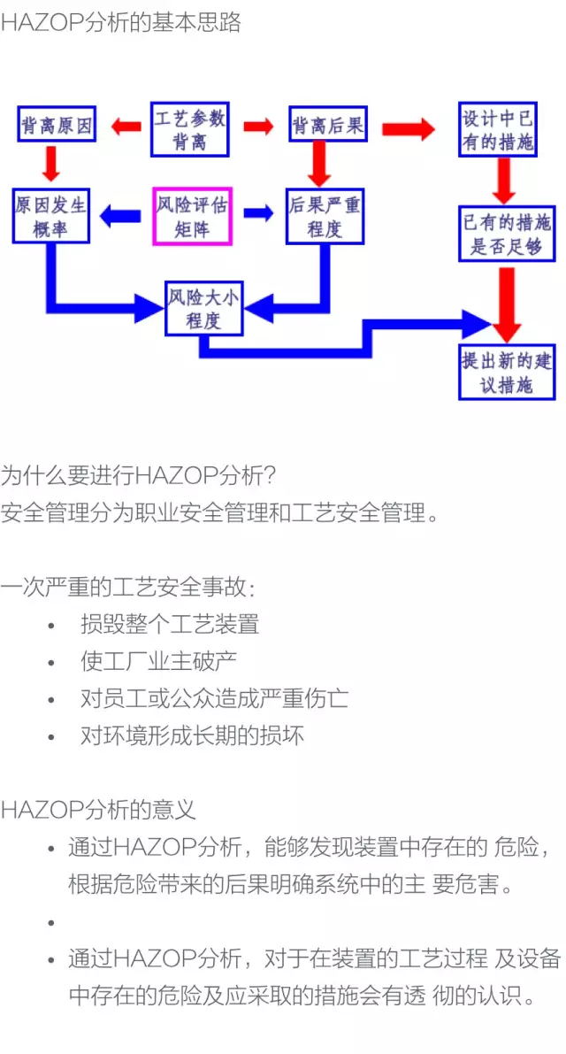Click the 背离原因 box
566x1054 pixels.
click(57, 126)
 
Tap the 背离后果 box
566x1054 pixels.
click(327, 126)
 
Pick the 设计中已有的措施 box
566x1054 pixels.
click(498, 129)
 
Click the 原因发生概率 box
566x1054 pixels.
click(51, 216)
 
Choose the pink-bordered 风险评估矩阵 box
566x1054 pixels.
click(193, 215)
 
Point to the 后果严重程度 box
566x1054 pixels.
click(325, 216)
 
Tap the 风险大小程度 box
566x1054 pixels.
click(203, 308)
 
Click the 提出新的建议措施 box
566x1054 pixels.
click(507, 372)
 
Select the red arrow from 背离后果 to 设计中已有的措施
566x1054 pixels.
click(408, 129)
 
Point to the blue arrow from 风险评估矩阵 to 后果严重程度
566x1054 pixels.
click(259, 213)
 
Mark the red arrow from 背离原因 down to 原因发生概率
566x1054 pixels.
click(50, 164)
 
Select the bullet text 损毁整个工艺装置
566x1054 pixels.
click(170, 624)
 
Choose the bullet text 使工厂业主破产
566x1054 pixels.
click(158, 661)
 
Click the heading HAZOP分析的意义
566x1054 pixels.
click(98, 809)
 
